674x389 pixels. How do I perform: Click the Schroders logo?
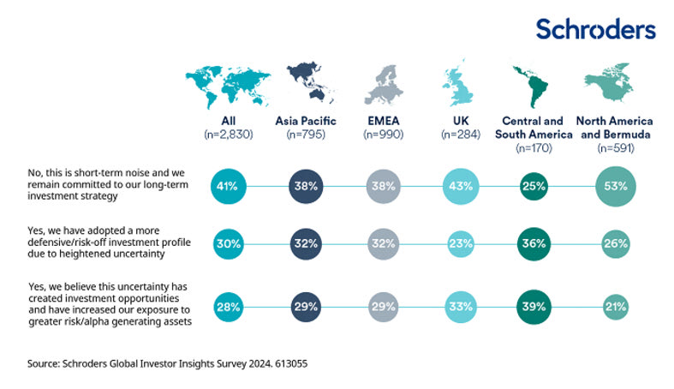point(595,29)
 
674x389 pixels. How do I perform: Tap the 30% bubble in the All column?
point(226,243)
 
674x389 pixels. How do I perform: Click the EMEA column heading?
point(383,122)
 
